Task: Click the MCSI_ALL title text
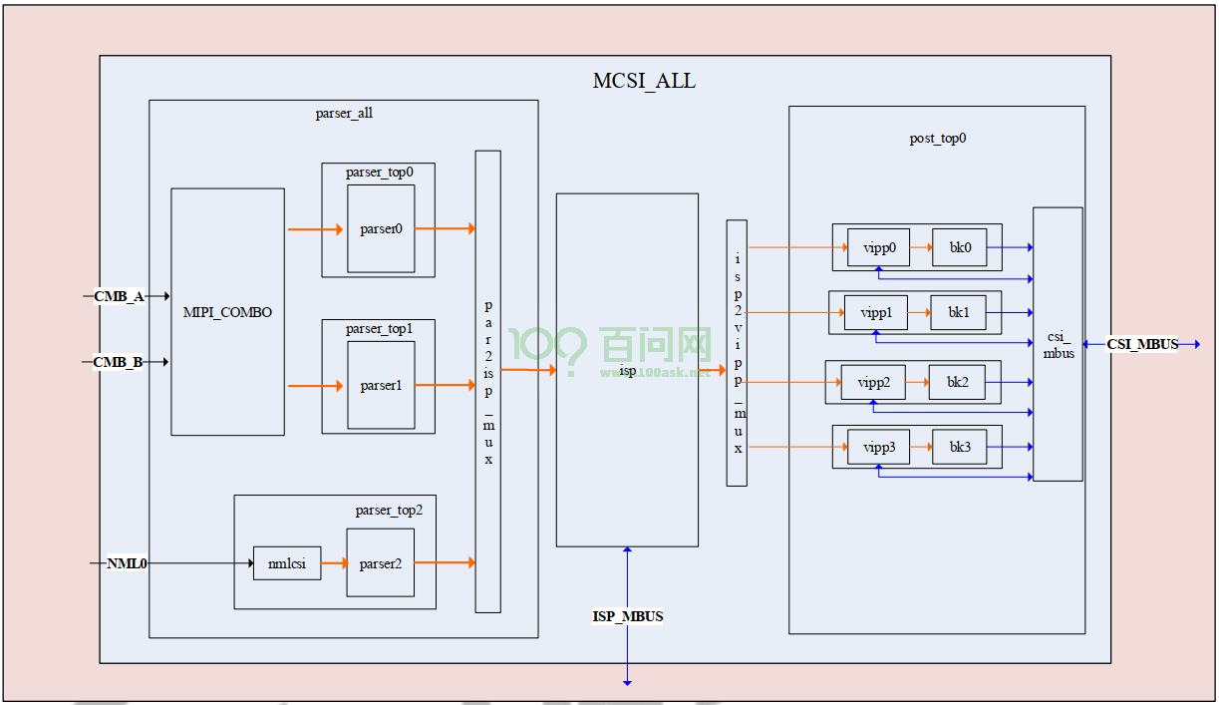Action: (x=644, y=81)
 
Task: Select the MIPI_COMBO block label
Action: (x=227, y=312)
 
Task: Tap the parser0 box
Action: (x=381, y=228)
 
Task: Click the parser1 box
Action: (x=381, y=385)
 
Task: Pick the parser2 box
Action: (x=381, y=563)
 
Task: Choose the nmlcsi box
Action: (x=287, y=563)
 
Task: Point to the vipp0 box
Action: (x=878, y=247)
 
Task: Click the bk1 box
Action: (x=958, y=312)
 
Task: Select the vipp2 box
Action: (x=873, y=382)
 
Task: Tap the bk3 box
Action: (x=960, y=447)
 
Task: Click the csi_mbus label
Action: (x=1058, y=345)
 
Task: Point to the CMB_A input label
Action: (x=119, y=296)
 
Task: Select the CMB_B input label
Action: (x=118, y=362)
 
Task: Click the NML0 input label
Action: (x=127, y=563)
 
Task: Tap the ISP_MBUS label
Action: (x=628, y=616)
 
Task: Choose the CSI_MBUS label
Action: (x=1142, y=344)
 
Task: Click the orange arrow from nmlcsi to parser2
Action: (x=335, y=563)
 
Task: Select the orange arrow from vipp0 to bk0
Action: (x=921, y=247)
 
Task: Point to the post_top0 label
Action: (x=938, y=139)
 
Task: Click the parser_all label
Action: (x=344, y=114)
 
